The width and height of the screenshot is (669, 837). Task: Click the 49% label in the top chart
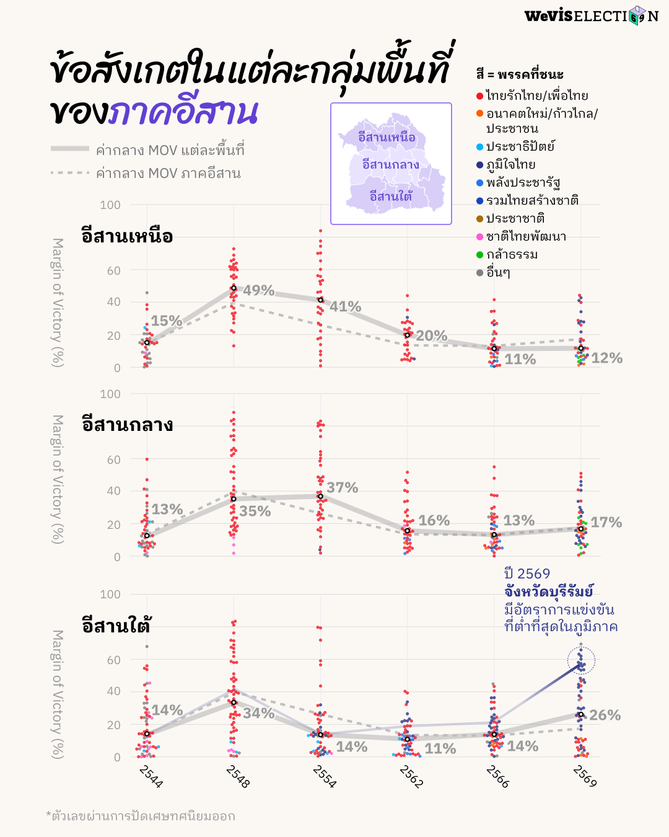pos(258,290)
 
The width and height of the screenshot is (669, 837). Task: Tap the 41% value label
pos(345,306)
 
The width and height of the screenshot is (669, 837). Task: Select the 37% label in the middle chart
pos(342,488)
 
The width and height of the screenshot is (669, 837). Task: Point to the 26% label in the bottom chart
pos(605,715)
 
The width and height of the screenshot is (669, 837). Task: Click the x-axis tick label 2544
pos(151,776)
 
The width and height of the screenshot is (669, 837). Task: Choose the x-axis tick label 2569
pos(585,776)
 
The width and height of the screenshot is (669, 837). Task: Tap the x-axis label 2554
pos(325,776)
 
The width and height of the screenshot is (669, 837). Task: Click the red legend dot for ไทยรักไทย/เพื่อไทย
pos(479,96)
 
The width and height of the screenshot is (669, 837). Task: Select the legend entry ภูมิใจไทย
pos(510,164)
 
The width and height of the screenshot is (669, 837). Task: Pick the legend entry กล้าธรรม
pos(512,254)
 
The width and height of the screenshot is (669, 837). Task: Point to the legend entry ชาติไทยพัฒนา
pos(526,236)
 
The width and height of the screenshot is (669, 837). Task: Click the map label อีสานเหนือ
pos(387,137)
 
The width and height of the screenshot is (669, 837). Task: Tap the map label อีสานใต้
pos(390,197)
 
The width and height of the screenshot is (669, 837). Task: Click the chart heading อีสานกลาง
pos(127,425)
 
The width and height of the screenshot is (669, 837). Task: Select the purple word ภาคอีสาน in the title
pos(183,112)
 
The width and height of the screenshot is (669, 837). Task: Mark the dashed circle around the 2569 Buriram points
pos(581,661)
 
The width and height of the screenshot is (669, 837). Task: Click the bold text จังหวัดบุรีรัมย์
pos(548,591)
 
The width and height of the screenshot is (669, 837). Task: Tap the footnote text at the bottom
pos(141,816)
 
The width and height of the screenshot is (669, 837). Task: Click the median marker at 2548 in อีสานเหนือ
pos(234,288)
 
